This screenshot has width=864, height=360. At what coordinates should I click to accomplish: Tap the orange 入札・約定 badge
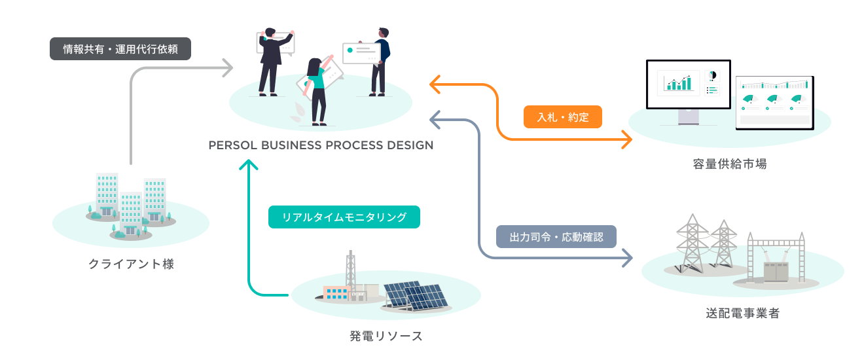[562, 118]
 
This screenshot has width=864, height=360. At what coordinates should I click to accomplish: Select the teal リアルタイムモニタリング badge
[344, 217]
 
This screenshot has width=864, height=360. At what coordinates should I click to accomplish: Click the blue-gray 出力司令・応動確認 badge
[556, 236]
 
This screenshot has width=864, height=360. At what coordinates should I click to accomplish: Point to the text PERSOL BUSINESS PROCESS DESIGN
[321, 145]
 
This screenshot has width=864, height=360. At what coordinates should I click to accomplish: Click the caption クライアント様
[131, 264]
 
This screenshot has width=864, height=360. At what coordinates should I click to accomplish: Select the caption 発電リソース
[386, 336]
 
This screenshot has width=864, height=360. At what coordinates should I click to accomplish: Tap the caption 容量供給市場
[730, 164]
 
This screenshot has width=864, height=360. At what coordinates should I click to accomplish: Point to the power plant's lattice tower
[351, 270]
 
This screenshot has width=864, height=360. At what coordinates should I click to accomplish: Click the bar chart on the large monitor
[677, 82]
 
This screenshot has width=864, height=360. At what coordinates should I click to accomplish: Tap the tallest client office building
[107, 194]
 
